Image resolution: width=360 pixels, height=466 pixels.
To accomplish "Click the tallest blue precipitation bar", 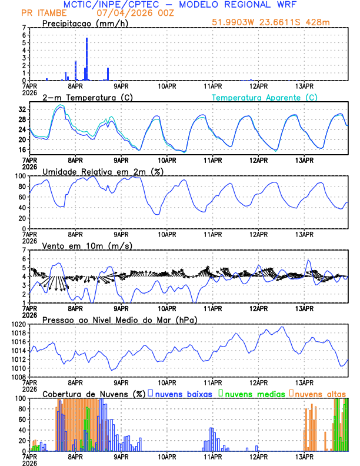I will pos(86,59).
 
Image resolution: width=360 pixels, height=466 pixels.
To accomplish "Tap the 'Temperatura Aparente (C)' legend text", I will pos(264,97).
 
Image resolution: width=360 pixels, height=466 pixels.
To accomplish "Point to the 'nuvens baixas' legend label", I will pos(182,393).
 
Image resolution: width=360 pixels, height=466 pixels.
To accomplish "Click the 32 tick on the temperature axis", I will pos(22,109).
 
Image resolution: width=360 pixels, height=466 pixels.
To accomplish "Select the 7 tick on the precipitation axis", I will pos(24,28).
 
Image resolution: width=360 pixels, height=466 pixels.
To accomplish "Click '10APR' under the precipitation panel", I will pos(167,85).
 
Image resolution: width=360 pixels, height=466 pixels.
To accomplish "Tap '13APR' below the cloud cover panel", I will pos(304,455).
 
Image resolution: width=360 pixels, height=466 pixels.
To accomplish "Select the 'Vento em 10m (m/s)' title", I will pos(87,245).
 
